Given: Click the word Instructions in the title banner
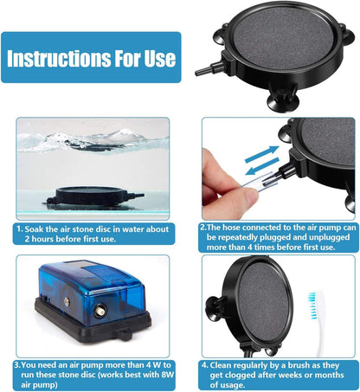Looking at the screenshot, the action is (59, 58).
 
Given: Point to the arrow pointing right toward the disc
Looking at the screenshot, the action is (262, 154).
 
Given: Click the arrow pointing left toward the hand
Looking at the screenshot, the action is (262, 167).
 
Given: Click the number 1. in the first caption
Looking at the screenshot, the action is (20, 229).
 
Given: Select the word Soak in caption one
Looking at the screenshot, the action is (34, 229).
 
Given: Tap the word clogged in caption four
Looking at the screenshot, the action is (239, 376).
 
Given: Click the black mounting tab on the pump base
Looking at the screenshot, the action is (125, 336).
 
